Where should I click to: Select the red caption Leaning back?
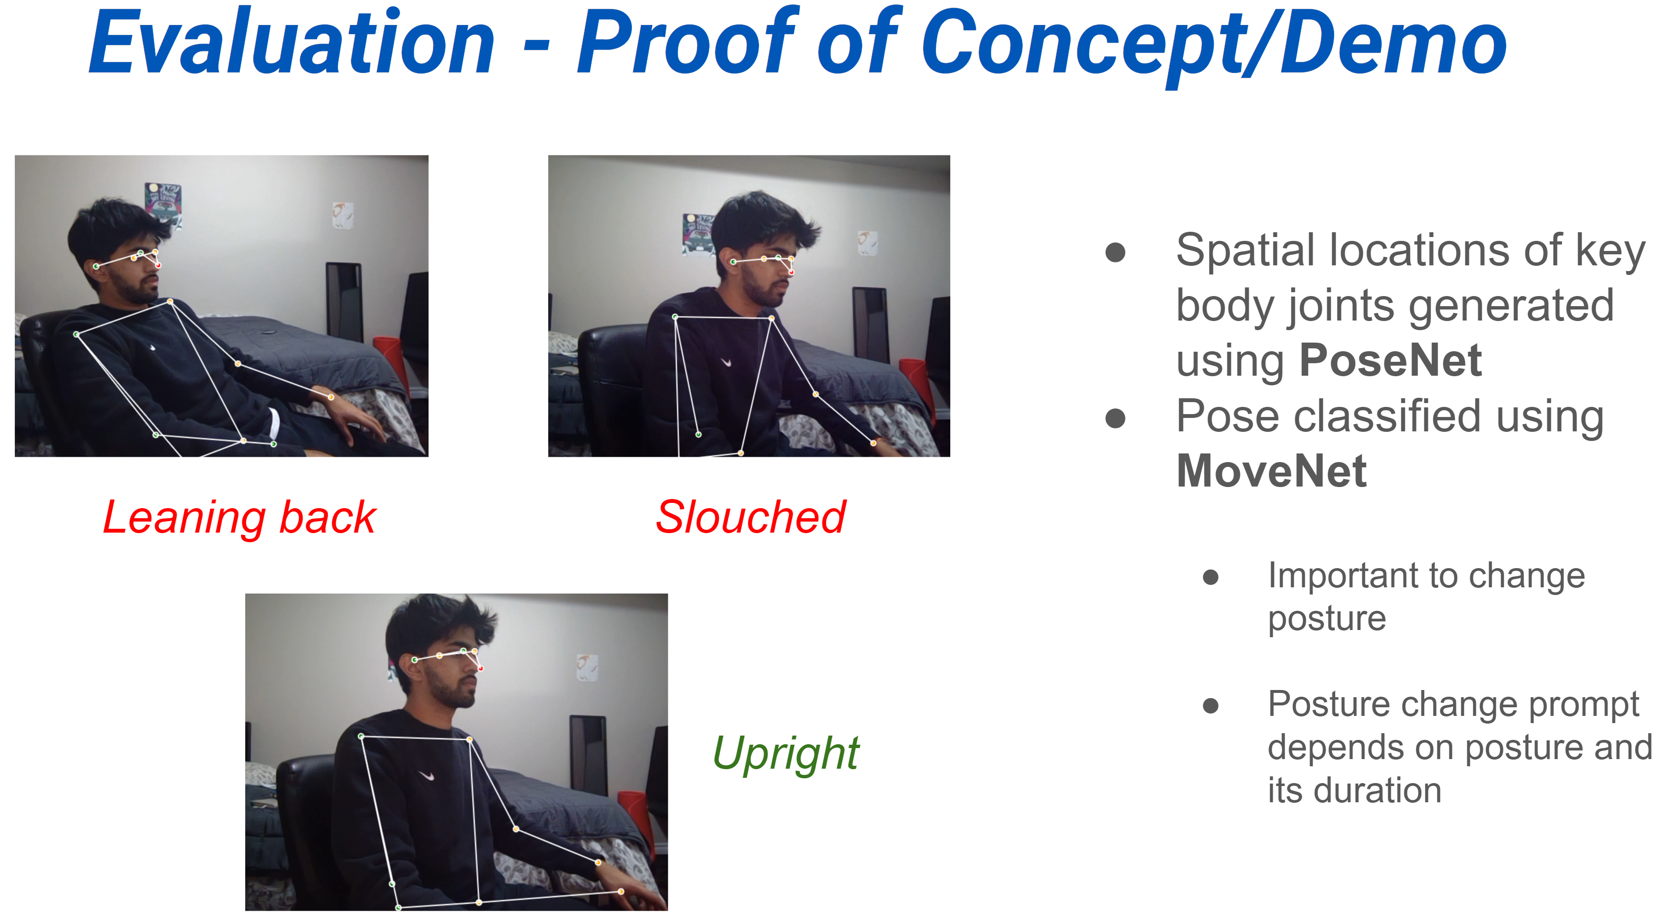[x=240, y=517]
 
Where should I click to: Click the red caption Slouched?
[x=751, y=517]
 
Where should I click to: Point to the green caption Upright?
[x=786, y=754]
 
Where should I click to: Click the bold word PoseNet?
[x=1390, y=360]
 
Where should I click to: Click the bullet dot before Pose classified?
[x=1116, y=418]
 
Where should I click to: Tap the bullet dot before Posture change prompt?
[x=1211, y=705]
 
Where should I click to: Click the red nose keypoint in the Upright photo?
[x=481, y=668]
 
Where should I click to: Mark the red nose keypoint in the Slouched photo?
[x=791, y=273]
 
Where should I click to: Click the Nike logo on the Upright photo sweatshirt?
[x=426, y=775]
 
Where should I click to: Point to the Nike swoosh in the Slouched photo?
[x=727, y=362]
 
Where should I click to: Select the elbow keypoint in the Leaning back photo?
[x=238, y=364]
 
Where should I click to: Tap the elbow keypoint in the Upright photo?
[x=516, y=829]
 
